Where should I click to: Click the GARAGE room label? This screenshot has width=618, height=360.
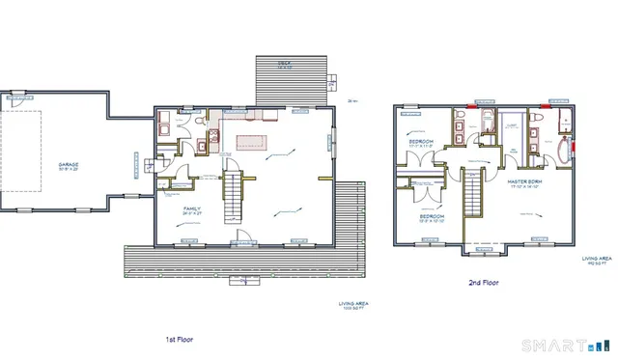click(x=68, y=165)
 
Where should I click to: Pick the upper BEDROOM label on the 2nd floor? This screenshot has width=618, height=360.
click(x=420, y=143)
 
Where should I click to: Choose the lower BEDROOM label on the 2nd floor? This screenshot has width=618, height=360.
click(x=431, y=217)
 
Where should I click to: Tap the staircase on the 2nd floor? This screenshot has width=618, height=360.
click(x=472, y=196)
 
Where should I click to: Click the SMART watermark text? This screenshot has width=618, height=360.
click(x=551, y=346)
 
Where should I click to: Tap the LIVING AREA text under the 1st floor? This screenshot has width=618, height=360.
click(x=353, y=305)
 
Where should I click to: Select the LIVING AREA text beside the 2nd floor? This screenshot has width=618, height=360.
click(x=596, y=261)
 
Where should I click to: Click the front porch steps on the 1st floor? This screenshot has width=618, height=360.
click(x=241, y=282)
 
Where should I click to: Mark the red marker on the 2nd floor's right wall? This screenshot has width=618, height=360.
click(x=576, y=148)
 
